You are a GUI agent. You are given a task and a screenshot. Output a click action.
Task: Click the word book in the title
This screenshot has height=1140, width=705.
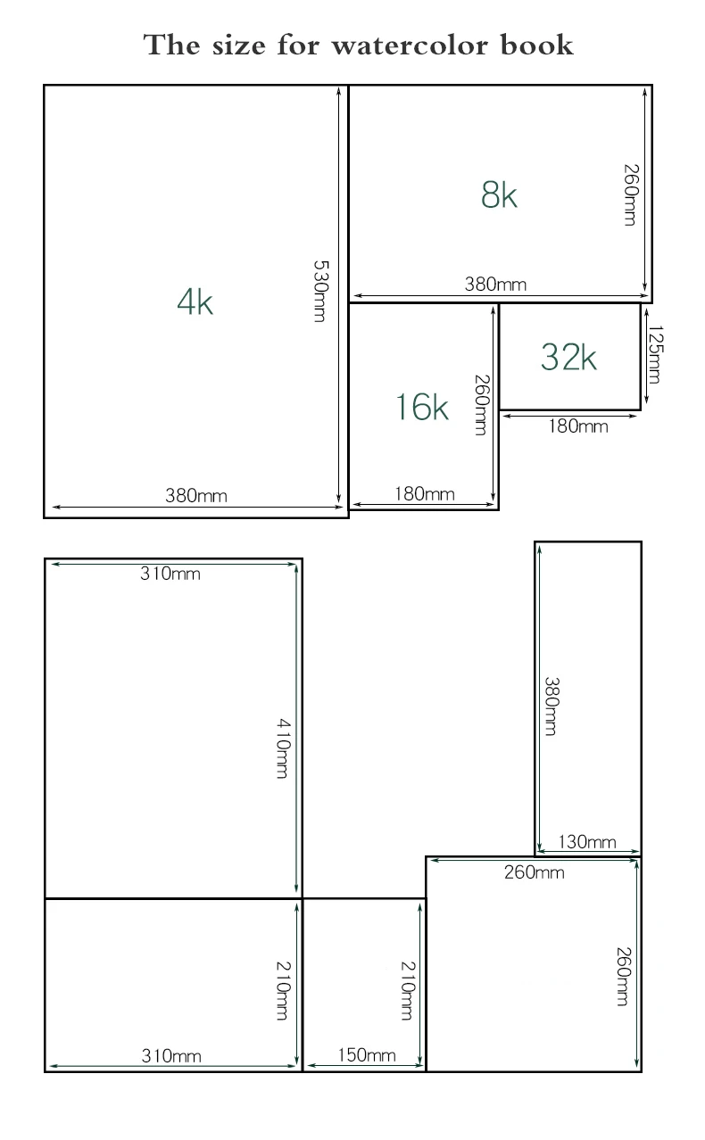tap(537, 45)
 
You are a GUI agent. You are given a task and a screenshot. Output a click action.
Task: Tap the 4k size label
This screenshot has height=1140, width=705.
tap(195, 302)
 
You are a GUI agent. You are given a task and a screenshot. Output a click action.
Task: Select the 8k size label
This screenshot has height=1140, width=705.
tap(499, 194)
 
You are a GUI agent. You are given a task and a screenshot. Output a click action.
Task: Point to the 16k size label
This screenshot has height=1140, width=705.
tap(422, 407)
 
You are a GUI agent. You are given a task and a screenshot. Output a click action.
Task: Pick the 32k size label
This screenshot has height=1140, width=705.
tap(568, 357)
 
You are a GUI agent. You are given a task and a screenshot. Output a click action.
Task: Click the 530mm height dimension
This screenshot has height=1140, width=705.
tap(321, 291)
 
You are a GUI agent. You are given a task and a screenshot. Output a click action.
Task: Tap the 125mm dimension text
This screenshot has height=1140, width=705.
tap(655, 354)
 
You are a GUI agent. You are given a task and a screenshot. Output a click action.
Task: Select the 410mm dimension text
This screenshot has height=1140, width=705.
tap(284, 748)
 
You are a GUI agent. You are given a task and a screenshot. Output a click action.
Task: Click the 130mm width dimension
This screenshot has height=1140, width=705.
tap(587, 842)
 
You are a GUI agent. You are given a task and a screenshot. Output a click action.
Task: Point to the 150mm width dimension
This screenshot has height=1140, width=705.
tap(367, 1055)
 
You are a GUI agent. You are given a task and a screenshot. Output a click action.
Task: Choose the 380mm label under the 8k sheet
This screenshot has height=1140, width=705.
tap(495, 284)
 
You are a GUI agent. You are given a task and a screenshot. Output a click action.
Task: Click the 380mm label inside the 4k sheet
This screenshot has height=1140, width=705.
tap(196, 496)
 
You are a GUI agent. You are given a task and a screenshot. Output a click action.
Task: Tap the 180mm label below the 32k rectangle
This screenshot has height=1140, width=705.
tap(577, 426)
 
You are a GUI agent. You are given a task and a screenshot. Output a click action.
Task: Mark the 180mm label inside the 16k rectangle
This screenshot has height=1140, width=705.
tap(425, 494)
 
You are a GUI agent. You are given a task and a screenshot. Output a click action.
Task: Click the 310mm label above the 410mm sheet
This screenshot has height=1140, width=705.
tap(170, 574)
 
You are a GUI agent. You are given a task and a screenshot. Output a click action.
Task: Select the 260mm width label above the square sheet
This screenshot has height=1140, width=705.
tap(535, 872)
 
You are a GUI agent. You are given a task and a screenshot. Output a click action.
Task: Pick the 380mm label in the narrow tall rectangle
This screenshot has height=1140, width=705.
tap(552, 706)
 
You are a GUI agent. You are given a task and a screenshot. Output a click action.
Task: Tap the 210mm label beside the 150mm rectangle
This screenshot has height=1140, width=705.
tap(408, 991)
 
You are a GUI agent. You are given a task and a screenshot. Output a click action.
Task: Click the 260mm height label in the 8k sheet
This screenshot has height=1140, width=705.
tap(631, 195)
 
